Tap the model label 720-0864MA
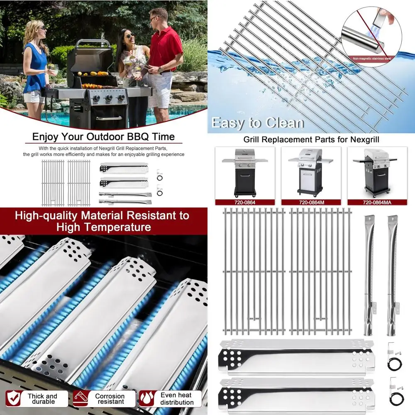[377, 203]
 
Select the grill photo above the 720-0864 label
[245, 172]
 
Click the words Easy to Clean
[257, 123]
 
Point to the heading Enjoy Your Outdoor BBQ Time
[103, 137]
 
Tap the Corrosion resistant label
[110, 399]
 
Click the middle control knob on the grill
[108, 98]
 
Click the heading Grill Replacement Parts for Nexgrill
[311, 140]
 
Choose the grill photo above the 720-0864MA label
[377, 172]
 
